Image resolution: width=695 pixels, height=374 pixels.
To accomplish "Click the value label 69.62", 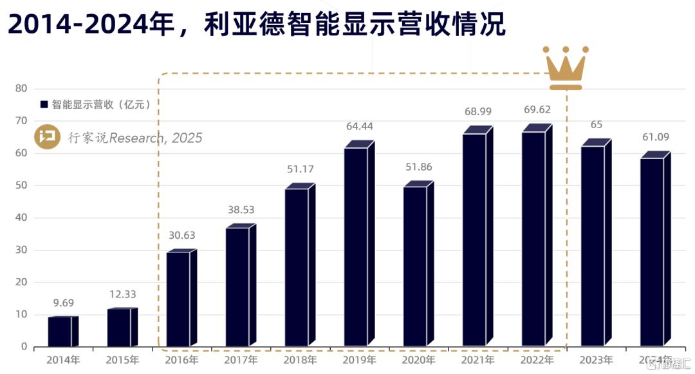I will point(535,111).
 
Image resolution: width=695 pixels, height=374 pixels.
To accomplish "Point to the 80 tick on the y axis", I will point(21,88).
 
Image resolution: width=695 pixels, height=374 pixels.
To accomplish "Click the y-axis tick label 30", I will point(21,250).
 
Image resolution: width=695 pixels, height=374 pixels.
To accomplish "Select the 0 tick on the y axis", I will point(24,347).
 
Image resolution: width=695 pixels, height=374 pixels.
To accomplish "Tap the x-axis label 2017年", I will point(240,360).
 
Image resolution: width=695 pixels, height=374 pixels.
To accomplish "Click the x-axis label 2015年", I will point(122,360).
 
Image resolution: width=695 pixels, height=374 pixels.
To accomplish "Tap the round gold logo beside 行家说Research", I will point(47,137).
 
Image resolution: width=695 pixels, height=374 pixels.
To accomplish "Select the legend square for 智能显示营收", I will point(44,104).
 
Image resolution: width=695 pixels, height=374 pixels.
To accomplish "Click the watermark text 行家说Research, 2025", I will point(135,138).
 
